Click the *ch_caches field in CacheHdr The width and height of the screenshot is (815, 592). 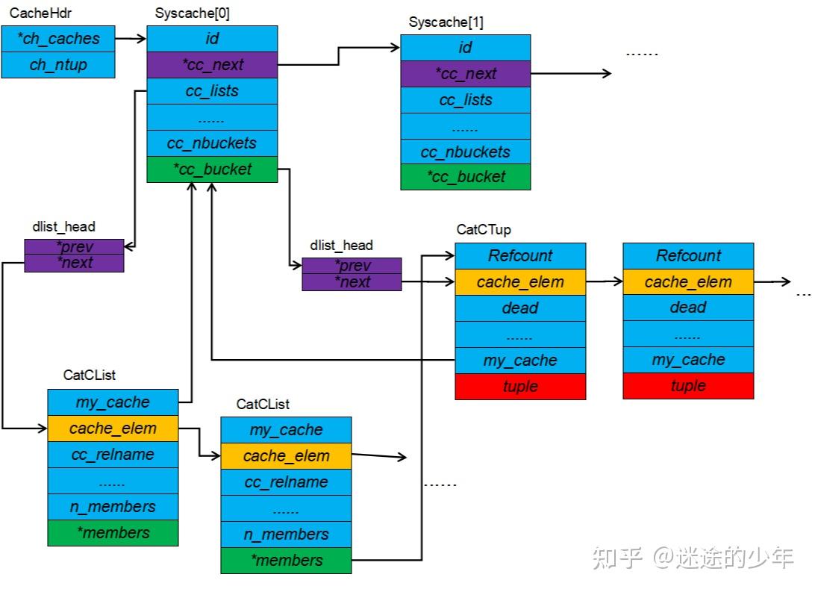point(58,38)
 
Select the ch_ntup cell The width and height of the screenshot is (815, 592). point(58,65)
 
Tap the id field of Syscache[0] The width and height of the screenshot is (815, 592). point(212,38)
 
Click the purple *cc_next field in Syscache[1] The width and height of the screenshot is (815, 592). point(466,74)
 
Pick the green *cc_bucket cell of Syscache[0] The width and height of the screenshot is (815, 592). point(212,169)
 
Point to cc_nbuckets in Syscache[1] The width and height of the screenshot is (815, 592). point(466,152)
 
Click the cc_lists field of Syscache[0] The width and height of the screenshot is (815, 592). point(212,91)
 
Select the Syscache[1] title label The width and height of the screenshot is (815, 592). point(446,22)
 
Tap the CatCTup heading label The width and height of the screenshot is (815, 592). point(484,230)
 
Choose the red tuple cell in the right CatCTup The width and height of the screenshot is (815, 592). point(688,386)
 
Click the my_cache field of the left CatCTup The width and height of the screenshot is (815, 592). point(520,361)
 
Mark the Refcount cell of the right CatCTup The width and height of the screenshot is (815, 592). point(688,255)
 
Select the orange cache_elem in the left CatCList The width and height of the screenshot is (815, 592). point(113,429)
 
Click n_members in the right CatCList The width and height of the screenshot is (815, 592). point(286,535)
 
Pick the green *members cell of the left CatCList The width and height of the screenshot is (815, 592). point(113,532)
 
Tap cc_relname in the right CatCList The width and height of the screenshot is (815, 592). point(286,482)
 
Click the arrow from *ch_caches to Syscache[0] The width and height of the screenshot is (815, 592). point(131,37)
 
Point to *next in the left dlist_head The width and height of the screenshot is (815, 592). point(74,263)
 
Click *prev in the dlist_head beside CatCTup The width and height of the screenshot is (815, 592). point(352,266)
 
